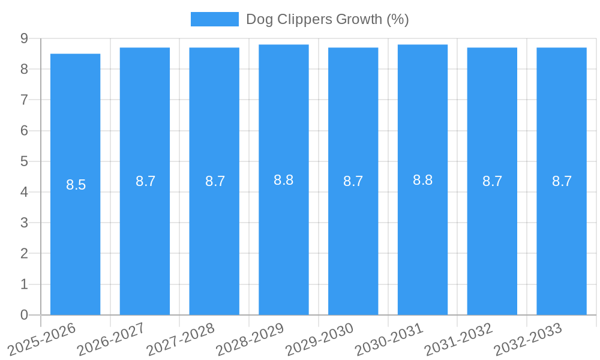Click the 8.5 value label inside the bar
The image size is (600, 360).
pos(76,185)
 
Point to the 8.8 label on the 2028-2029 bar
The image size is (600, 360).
pos(284,180)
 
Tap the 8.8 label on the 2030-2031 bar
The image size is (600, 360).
pos(422,180)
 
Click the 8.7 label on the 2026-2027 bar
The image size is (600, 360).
pos(145,181)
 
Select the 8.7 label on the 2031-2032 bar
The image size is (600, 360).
pos(492,181)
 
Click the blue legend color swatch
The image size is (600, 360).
pos(214,19)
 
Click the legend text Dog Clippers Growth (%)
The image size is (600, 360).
pos(327,19)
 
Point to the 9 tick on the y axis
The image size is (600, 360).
pos(24,38)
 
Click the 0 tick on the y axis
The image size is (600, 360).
pos(24,315)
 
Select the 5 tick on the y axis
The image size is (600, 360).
pos(24,161)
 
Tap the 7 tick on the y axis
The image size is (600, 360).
pos(24,100)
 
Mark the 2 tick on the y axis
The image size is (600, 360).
pos(24,253)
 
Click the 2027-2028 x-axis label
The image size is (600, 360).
pos(181,339)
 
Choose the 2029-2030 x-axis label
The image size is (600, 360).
pos(319,339)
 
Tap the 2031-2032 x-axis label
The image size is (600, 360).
pos(458,339)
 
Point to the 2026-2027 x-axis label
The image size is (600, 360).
pos(111,339)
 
